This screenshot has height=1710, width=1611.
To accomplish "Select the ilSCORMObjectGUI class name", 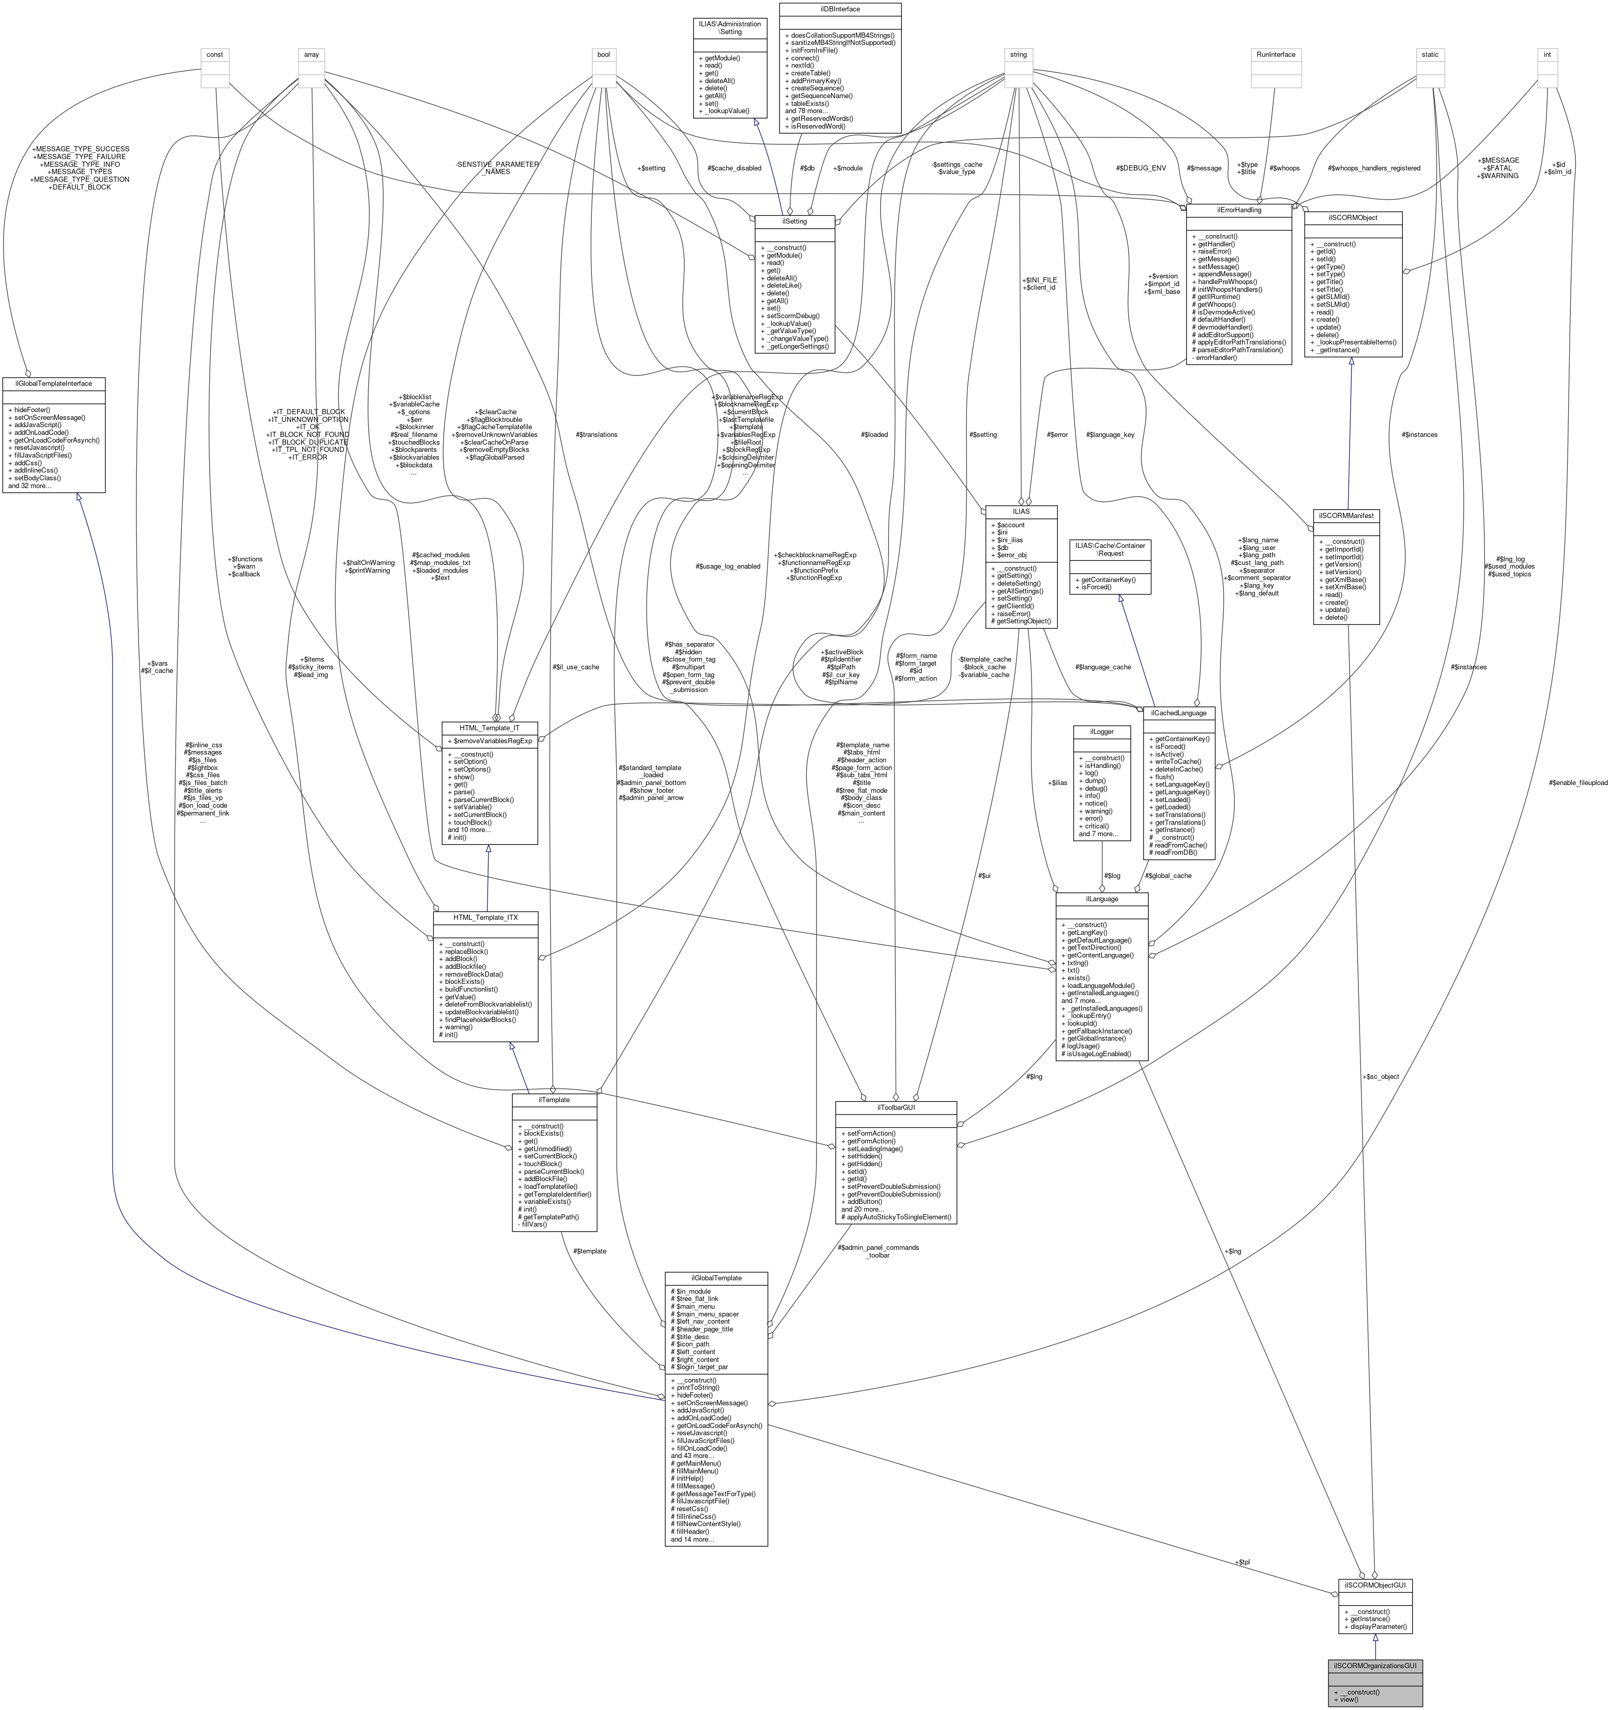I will coord(1374,1583).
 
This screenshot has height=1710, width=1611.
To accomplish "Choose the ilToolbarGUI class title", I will coord(896,1106).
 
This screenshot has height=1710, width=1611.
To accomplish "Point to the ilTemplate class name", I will coord(554,1099).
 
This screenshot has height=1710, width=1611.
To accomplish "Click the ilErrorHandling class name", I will coord(1239,209).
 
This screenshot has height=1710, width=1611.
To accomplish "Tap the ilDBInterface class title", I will coord(839,9).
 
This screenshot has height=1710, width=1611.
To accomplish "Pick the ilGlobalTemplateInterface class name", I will coord(53,383).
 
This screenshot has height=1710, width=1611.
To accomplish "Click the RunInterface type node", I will coord(1276,54).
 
